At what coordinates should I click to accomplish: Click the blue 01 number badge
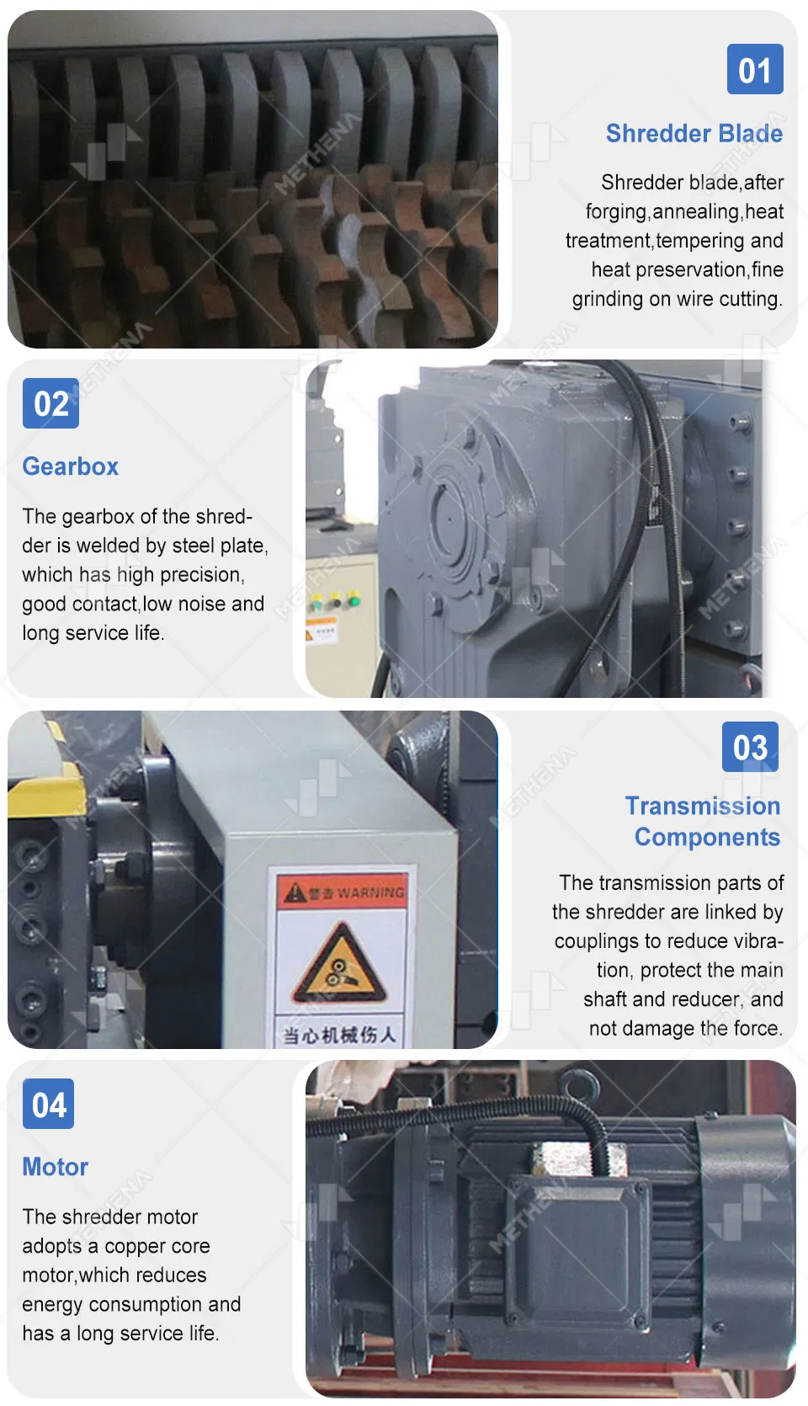click(x=755, y=69)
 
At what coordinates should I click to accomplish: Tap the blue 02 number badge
click(x=50, y=403)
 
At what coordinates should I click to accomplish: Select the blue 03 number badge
click(x=750, y=746)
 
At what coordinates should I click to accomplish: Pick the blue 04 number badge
click(x=48, y=1104)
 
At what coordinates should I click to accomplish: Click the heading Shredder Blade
click(x=694, y=133)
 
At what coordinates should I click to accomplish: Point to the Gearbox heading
click(x=70, y=466)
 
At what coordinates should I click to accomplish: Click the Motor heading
click(x=56, y=1167)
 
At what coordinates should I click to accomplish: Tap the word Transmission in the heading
click(x=703, y=806)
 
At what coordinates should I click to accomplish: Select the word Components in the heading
click(x=707, y=838)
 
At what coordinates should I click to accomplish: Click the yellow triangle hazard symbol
click(x=339, y=964)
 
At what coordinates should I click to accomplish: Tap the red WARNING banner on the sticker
click(x=343, y=892)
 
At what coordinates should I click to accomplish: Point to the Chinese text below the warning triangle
click(x=339, y=1034)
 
